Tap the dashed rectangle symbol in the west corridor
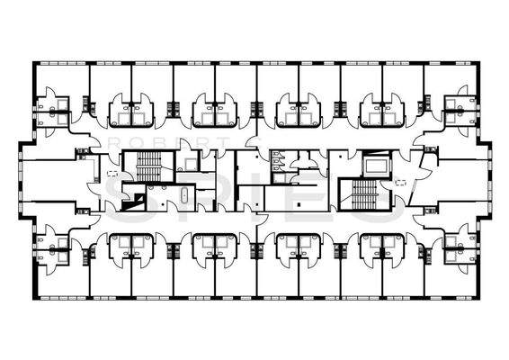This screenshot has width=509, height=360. pyautogui.click(x=112, y=173)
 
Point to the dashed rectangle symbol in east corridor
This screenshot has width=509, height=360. pyautogui.click(x=401, y=182)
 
